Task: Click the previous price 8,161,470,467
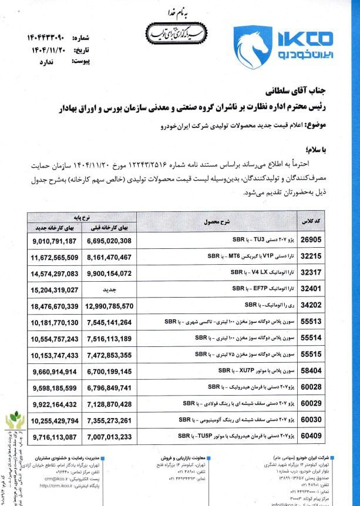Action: (119, 257)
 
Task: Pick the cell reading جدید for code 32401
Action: (119, 289)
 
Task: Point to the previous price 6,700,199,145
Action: (119, 372)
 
